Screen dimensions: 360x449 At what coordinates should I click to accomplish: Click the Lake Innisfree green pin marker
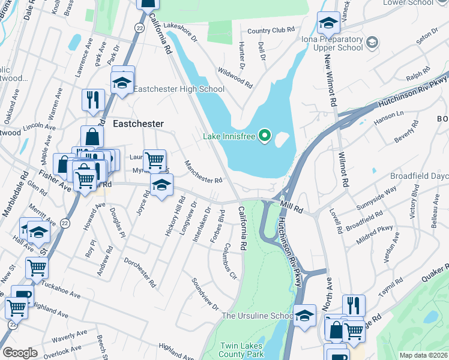pos(265,136)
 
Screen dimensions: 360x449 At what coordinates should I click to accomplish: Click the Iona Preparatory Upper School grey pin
pos(372,42)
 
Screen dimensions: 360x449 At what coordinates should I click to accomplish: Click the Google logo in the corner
pos(20,353)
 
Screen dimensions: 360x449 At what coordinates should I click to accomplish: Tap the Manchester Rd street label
pos(203,172)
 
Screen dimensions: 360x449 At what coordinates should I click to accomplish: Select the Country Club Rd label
pos(271,30)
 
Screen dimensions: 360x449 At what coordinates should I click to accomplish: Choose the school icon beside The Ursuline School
pos(304,314)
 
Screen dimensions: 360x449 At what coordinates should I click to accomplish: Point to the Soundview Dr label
pos(205,293)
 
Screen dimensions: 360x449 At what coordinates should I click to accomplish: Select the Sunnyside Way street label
pos(376,197)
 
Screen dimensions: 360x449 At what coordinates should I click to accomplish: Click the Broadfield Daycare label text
pos(418,176)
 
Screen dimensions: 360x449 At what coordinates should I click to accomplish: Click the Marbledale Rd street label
pos(13,202)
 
